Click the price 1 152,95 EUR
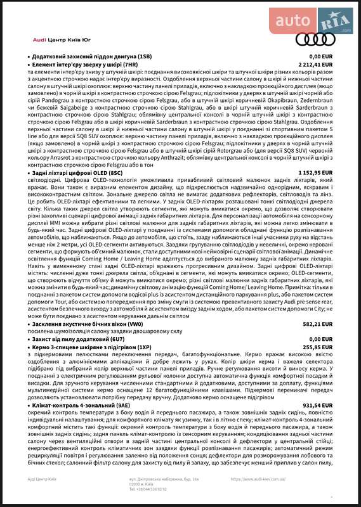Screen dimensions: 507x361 tap(316, 172)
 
